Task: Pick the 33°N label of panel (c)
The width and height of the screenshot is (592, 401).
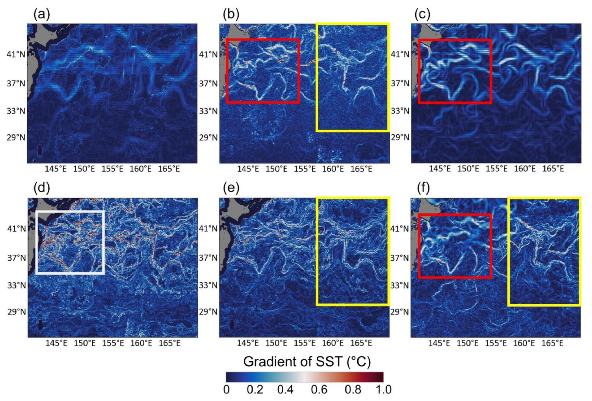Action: (x=400, y=111)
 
